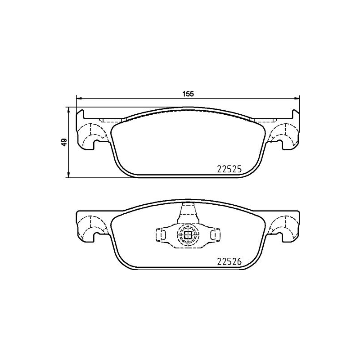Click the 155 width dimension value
[188, 94]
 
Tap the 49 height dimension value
[64, 142]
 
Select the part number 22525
[230, 169]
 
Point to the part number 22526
[230, 261]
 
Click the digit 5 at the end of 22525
[240, 169]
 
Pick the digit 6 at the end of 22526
[240, 261]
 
